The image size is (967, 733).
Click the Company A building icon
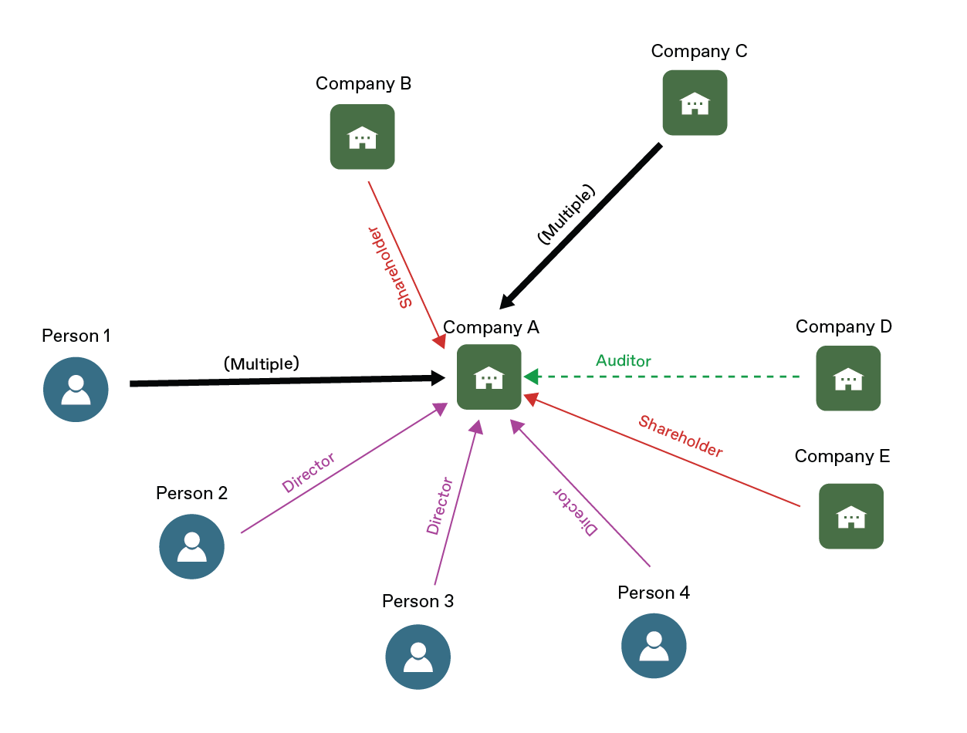click(489, 377)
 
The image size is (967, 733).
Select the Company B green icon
click(362, 137)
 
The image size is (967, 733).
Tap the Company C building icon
click(695, 103)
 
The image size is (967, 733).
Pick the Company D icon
click(848, 378)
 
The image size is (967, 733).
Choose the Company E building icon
click(850, 515)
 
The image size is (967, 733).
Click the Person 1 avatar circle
click(76, 389)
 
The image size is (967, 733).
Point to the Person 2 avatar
click(191, 546)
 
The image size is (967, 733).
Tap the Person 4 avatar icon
click(654, 646)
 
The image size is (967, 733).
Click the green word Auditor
click(623, 361)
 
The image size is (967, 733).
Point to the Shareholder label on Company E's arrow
click(681, 436)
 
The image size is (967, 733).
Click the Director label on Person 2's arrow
click(309, 473)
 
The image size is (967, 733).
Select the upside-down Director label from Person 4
click(575, 511)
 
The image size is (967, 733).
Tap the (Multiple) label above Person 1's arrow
click(261, 363)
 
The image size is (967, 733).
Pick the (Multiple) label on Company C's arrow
click(566, 215)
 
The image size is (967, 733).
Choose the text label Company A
click(491, 327)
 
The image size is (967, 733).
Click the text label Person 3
click(418, 600)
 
